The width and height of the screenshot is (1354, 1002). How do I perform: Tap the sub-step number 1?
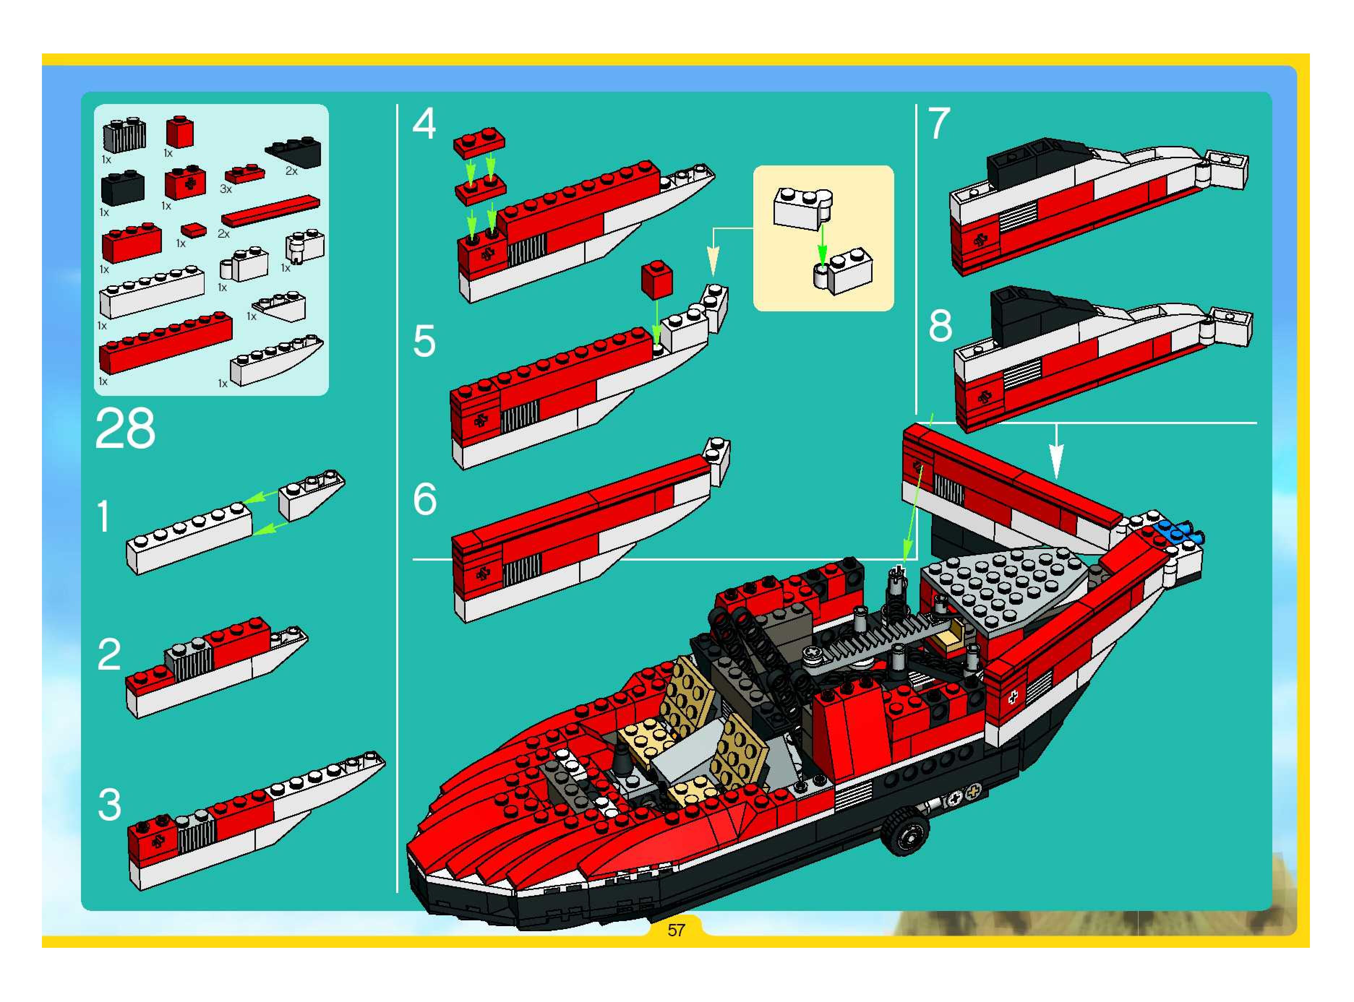coord(104,516)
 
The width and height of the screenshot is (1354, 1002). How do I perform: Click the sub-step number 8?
coord(940,326)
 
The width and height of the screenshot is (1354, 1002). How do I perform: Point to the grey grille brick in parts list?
coord(124,135)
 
